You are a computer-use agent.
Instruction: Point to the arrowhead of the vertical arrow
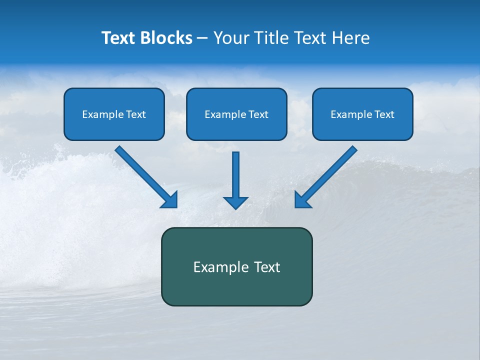[x=235, y=202]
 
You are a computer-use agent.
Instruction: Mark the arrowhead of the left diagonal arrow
[x=169, y=199]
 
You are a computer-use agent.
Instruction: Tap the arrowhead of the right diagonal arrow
[x=302, y=199]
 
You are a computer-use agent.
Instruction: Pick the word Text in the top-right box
[x=384, y=114]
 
